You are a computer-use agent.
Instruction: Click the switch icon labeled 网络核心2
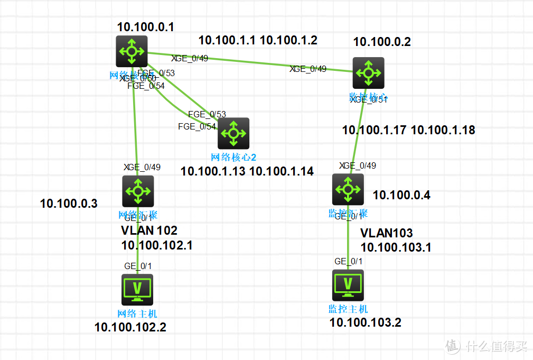click(x=233, y=133)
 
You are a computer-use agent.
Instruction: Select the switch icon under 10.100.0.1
click(x=132, y=51)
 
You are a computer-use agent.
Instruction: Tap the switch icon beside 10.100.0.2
click(x=368, y=72)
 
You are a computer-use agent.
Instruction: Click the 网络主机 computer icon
click(x=137, y=289)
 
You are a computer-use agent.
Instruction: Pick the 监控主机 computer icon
click(x=348, y=285)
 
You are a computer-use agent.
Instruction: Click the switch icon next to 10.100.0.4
click(x=348, y=189)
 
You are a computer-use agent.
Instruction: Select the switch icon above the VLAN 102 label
click(x=138, y=191)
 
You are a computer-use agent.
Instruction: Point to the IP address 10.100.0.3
click(x=69, y=204)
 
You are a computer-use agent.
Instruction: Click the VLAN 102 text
click(x=149, y=230)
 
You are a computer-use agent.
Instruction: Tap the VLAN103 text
click(x=386, y=233)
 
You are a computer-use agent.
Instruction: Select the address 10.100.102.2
click(x=130, y=327)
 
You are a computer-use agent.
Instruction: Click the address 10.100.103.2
click(x=365, y=322)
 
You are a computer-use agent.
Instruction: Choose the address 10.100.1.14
click(x=281, y=171)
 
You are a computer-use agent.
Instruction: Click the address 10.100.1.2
click(x=288, y=40)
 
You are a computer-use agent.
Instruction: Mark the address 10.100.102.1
click(x=157, y=245)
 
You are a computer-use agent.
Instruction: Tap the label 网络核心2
click(x=233, y=157)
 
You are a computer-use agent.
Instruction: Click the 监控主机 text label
click(x=348, y=309)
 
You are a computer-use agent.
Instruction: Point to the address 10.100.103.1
click(x=396, y=247)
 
